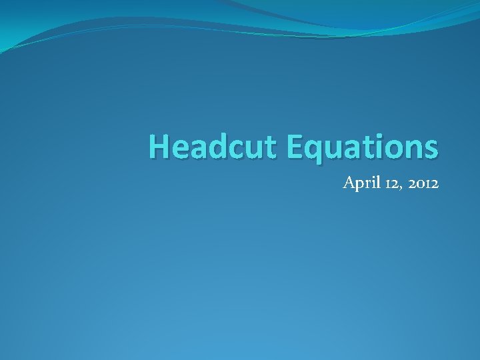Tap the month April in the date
360,183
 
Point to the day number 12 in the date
389,183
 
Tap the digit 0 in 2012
417,183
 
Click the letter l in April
375,182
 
